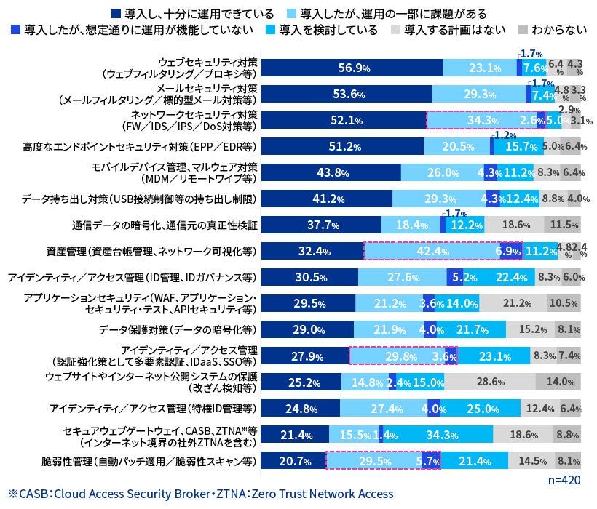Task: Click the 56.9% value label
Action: (x=353, y=68)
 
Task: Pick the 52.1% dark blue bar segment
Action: (x=342, y=120)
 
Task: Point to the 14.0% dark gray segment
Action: (x=558, y=382)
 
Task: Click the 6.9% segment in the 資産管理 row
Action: (x=508, y=252)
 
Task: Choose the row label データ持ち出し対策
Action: (x=141, y=199)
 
